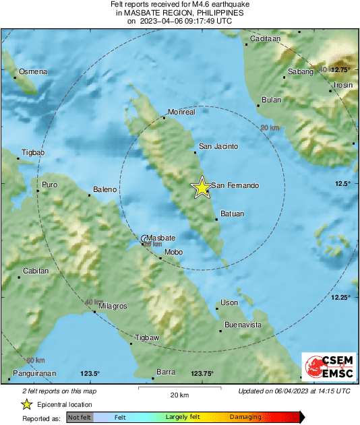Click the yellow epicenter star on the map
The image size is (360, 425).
[202, 188]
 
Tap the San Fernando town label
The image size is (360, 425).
[235, 185]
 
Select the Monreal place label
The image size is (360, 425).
[181, 112]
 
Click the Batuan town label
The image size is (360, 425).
[232, 214]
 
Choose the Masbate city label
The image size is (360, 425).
[161, 238]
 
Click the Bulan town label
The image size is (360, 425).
[271, 100]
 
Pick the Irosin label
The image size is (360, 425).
[343, 85]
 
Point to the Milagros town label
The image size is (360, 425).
[113, 306]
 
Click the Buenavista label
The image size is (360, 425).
[243, 325]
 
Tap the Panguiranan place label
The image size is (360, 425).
[34, 373]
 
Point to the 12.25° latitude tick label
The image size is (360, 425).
[340, 297]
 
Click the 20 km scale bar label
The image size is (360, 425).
[179, 394]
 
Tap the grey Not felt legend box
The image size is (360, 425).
[80, 418]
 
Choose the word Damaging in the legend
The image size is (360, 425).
[245, 418]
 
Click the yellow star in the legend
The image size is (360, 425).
[26, 404]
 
